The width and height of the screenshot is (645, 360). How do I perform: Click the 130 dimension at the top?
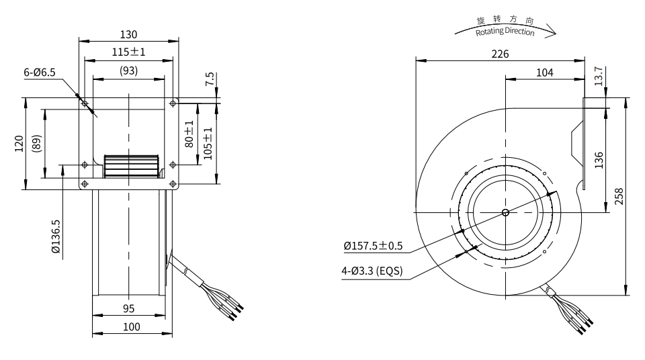(x=129, y=34)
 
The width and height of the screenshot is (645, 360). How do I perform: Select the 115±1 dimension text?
(x=129, y=52)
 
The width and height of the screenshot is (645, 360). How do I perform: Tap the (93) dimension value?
(x=129, y=71)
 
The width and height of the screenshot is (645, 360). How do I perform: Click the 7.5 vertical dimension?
(x=210, y=79)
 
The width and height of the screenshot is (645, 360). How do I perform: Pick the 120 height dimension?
(x=19, y=144)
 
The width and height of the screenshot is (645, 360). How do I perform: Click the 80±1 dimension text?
(x=189, y=134)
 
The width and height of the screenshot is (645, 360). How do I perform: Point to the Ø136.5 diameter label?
(x=55, y=236)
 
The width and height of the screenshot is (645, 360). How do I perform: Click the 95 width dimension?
(x=129, y=308)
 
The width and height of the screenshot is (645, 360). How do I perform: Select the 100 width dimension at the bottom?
(x=132, y=327)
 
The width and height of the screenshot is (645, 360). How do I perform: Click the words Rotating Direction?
(x=505, y=32)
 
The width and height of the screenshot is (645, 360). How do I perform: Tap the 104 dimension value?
(x=545, y=73)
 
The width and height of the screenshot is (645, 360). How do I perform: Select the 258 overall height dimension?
(x=619, y=195)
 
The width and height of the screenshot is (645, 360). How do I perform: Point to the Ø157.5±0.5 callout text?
(x=373, y=246)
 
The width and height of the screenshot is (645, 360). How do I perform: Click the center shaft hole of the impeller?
(x=505, y=213)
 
